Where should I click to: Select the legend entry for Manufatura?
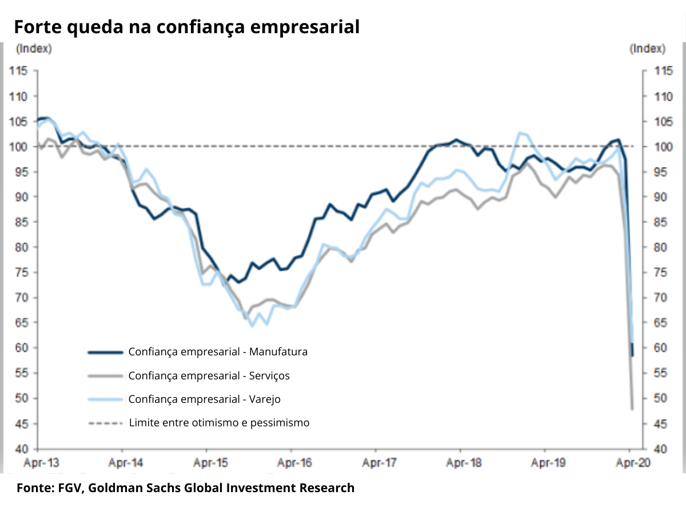(x=218, y=352)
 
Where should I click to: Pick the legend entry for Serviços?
(x=209, y=376)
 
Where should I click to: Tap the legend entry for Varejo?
(x=204, y=399)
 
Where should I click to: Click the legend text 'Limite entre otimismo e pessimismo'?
(x=219, y=423)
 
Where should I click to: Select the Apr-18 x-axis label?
(x=460, y=462)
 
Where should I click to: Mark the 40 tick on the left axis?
(x=21, y=449)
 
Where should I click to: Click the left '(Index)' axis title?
(x=34, y=49)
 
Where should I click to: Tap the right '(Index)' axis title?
(x=648, y=49)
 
